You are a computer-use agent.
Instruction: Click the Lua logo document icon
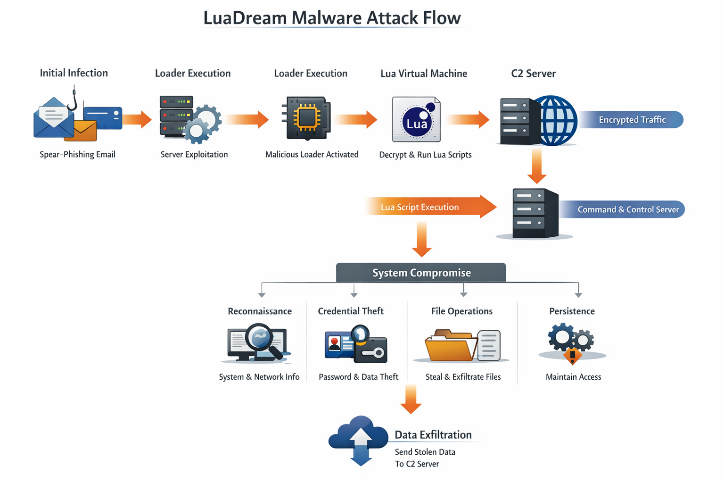pyautogui.click(x=416, y=120)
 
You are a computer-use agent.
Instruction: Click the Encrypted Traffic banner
pyautogui.click(x=632, y=120)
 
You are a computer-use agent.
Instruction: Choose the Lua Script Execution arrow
pyautogui.click(x=429, y=207)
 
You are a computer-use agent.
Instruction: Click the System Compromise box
pyautogui.click(x=421, y=273)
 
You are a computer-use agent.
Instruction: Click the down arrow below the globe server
pyautogui.click(x=536, y=166)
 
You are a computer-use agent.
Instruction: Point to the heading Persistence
pyautogui.click(x=572, y=311)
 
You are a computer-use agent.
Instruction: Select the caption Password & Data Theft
pyautogui.click(x=358, y=377)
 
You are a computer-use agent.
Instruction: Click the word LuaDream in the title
pyautogui.click(x=245, y=18)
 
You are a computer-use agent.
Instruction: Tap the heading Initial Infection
pyautogui.click(x=74, y=73)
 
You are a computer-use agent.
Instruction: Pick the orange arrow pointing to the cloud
pyautogui.click(x=411, y=399)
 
